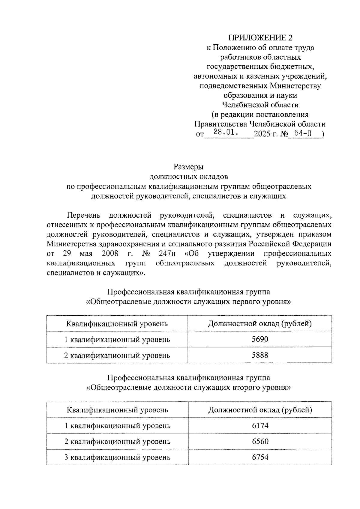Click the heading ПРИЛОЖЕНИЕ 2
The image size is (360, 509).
tap(260, 38)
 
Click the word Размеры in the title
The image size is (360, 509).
tap(189, 166)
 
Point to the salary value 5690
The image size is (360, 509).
tap(260, 339)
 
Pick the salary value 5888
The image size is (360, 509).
tap(260, 355)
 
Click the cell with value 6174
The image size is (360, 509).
tap(260, 425)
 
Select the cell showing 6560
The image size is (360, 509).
tap(260, 441)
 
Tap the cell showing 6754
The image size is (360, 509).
tap(260, 457)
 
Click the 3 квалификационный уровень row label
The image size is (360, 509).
tap(117, 457)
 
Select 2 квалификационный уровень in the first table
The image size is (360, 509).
tap(117, 355)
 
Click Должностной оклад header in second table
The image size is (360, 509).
tap(260, 409)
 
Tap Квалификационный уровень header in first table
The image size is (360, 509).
tap(117, 323)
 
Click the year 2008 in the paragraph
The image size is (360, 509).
tap(110, 254)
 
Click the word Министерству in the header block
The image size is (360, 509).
tap(295, 86)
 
